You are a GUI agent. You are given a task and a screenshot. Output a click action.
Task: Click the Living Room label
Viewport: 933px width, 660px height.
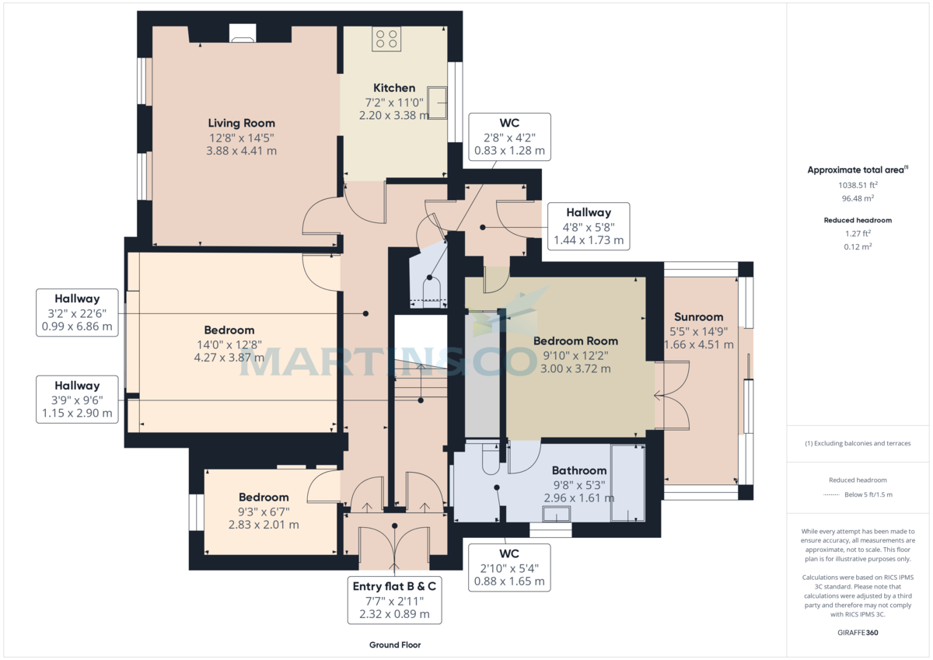click(x=241, y=123)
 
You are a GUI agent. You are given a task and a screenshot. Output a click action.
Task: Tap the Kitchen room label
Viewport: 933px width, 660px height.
click(x=394, y=88)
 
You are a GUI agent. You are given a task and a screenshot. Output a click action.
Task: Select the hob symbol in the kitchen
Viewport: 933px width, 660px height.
click(x=386, y=39)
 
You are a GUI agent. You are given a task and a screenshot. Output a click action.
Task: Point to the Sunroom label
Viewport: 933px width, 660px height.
click(x=698, y=316)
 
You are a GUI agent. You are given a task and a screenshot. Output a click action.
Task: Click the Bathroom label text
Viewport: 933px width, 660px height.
click(x=578, y=470)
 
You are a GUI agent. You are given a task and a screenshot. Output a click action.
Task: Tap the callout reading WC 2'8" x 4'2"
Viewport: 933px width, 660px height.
click(x=509, y=137)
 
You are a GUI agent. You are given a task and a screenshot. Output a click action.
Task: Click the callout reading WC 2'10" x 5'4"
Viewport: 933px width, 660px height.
click(x=509, y=567)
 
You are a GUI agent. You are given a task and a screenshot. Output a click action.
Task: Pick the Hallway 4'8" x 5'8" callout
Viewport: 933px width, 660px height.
click(x=588, y=226)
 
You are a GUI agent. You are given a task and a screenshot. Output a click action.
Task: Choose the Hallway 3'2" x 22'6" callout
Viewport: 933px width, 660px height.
click(x=77, y=313)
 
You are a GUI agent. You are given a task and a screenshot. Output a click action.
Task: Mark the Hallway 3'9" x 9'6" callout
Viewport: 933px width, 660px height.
click(x=77, y=400)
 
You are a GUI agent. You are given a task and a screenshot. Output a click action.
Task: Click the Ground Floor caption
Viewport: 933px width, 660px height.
click(x=395, y=645)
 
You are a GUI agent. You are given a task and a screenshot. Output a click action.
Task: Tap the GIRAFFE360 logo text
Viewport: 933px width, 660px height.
click(x=858, y=633)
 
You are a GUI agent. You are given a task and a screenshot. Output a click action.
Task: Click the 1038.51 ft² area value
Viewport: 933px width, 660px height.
click(x=858, y=185)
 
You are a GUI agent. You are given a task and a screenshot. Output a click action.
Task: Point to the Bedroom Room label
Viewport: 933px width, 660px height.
click(x=575, y=340)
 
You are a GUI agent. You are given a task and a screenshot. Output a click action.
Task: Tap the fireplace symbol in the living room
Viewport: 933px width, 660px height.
click(x=242, y=33)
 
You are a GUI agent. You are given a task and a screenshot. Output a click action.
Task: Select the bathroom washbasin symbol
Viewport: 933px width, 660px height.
click(x=556, y=513)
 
